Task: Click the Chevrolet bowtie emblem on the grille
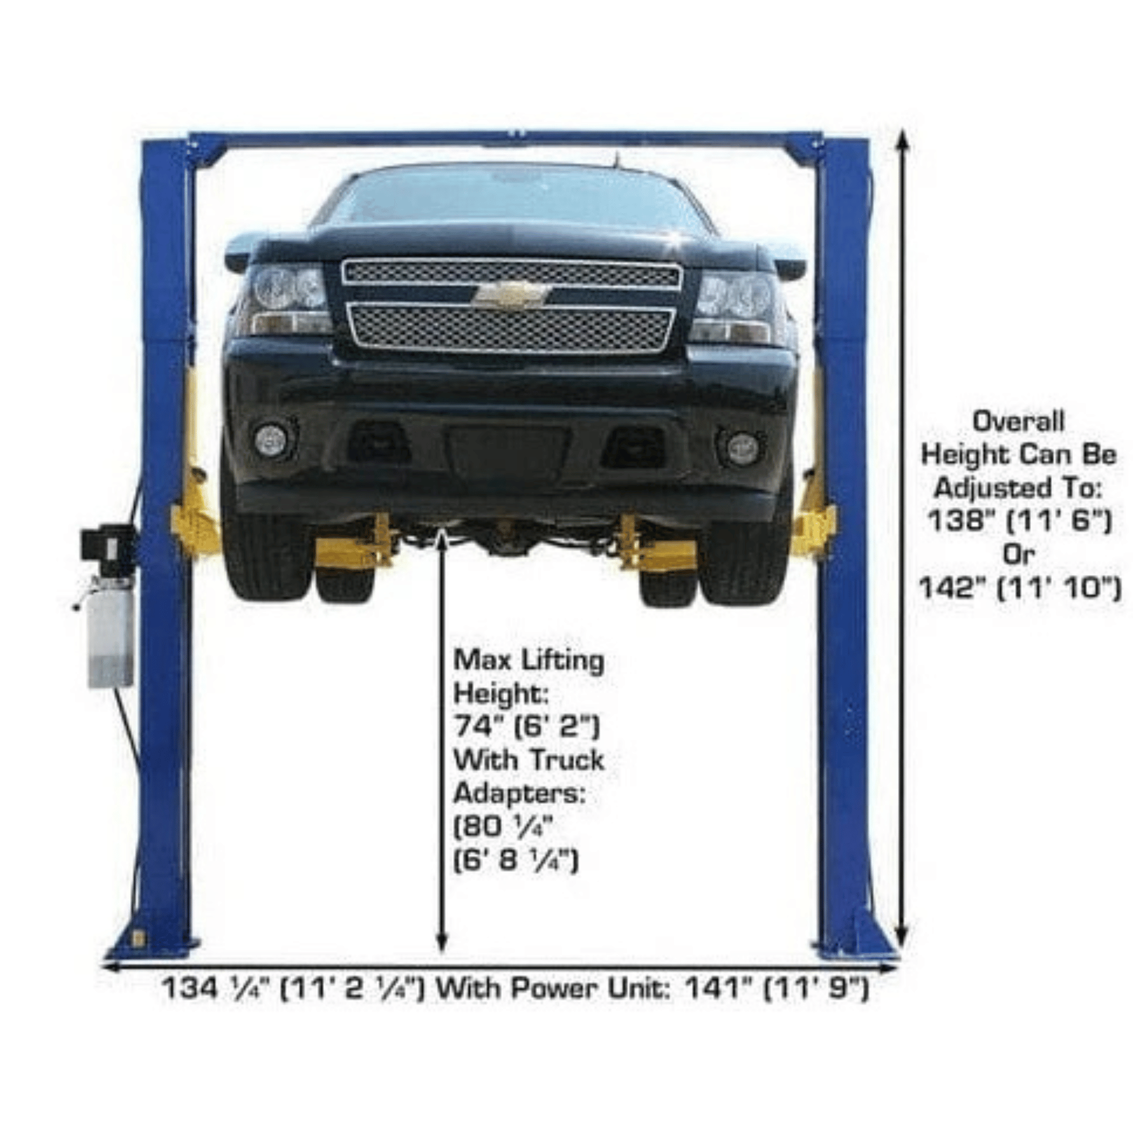512,294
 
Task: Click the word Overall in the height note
1019,421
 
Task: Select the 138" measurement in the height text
961,520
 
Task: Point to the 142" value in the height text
953,587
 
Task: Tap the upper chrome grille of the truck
512,274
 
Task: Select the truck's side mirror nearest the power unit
239,252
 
